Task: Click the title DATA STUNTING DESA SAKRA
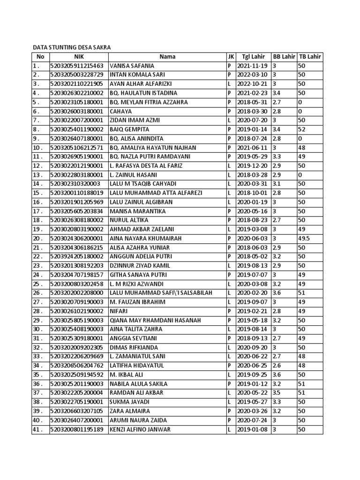click(x=71, y=48)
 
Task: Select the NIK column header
click(x=78, y=57)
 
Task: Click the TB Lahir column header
click(x=310, y=57)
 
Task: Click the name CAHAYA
click(x=120, y=112)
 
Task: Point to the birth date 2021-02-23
click(x=252, y=93)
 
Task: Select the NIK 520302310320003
click(x=75, y=184)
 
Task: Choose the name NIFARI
click(x=119, y=311)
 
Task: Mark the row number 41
click(x=37, y=429)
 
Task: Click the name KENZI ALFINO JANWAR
click(x=140, y=429)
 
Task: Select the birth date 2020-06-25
click(x=252, y=366)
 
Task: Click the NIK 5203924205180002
click(x=77, y=256)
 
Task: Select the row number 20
click(x=37, y=239)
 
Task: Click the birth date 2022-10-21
click(x=252, y=84)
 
